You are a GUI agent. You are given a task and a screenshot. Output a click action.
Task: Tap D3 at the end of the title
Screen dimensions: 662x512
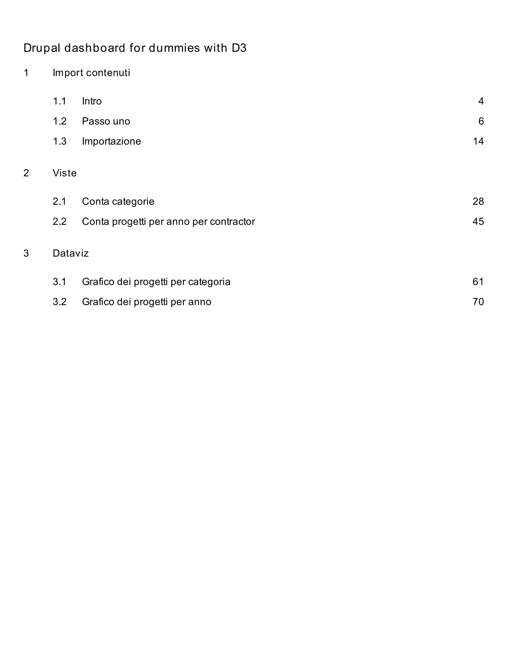tap(239, 48)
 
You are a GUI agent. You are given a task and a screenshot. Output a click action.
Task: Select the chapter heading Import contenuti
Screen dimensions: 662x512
tap(91, 73)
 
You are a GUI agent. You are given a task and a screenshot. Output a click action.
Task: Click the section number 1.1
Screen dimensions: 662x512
tap(59, 101)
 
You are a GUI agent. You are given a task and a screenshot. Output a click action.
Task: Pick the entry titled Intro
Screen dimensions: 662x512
tap(91, 101)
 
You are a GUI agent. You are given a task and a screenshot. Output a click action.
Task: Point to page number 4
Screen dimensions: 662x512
tap(481, 101)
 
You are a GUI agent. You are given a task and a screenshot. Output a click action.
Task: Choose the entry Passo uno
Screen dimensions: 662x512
tap(106, 121)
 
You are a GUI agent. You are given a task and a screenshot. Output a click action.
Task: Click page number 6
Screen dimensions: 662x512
tap(481, 121)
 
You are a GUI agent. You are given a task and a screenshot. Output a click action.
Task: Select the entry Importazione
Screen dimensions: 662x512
tap(111, 141)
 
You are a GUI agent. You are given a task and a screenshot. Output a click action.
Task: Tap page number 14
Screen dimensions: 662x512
tap(478, 141)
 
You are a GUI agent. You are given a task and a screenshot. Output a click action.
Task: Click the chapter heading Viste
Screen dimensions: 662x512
tap(64, 173)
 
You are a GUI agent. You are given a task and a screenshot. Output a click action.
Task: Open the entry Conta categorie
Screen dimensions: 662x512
tap(118, 202)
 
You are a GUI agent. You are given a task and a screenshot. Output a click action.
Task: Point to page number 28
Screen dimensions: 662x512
tap(478, 202)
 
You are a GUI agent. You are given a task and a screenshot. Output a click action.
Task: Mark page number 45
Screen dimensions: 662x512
tap(478, 222)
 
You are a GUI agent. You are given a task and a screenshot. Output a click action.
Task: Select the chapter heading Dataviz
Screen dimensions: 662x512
tap(71, 253)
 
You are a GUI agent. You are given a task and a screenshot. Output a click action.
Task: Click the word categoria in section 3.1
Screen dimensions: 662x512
tap(209, 282)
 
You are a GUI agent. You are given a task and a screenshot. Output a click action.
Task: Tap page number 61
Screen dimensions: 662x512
tap(478, 282)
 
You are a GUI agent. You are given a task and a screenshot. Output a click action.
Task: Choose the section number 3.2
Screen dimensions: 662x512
tap(59, 302)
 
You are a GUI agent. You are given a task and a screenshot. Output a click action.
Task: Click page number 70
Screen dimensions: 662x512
tap(478, 302)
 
